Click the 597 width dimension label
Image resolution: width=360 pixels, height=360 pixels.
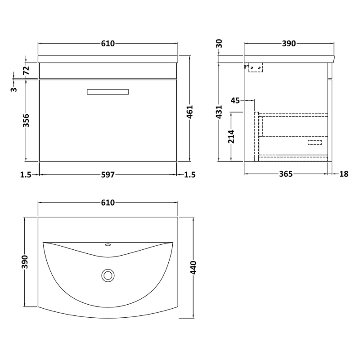108,175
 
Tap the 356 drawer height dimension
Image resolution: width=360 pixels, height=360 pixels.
26,121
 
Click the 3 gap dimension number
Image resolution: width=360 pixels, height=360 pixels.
14,89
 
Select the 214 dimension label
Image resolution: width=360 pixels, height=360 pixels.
231,136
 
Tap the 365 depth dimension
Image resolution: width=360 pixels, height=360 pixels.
286,174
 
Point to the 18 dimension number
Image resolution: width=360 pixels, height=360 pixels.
344,174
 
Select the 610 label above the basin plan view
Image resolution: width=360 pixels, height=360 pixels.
108,203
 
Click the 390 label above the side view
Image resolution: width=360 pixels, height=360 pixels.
288,44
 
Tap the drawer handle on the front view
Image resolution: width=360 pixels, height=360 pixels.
108,92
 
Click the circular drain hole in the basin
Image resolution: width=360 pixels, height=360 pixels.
108,274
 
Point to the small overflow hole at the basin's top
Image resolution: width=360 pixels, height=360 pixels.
108,246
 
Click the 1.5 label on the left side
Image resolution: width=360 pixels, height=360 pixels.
26,175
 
